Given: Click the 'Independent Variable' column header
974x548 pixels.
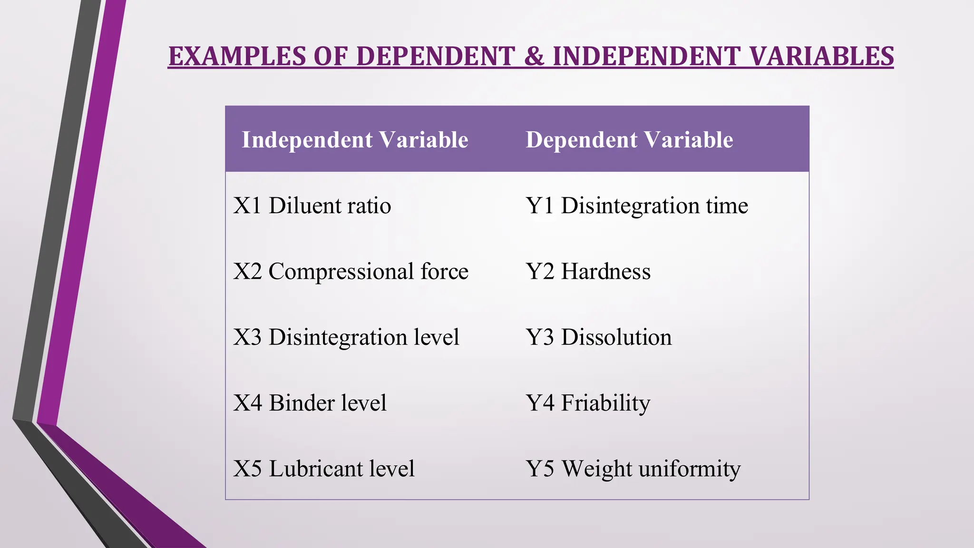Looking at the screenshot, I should point(355,140).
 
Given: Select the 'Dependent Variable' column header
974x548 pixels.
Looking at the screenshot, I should point(629,140).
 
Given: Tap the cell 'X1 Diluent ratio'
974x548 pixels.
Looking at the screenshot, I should point(312,205).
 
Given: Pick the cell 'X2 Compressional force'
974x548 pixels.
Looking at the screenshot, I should point(351,271).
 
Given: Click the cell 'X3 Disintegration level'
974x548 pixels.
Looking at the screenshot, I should point(346,337).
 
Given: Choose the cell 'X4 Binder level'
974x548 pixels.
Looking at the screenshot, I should point(310,402).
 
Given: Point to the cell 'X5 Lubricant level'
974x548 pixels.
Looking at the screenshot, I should point(324,469).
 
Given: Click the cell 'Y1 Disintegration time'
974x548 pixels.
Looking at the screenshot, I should point(637,205).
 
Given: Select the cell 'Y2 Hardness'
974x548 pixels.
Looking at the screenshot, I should point(588,271).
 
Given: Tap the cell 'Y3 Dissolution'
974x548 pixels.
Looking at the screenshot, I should point(599,337).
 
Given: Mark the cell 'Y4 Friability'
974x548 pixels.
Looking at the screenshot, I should point(588,402).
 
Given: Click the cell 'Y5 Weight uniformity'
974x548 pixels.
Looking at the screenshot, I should point(633,469).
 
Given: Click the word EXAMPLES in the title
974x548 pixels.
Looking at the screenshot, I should point(237,57).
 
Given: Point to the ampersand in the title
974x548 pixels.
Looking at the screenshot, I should point(535,57).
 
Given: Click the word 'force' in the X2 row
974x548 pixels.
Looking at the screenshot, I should point(445,271).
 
